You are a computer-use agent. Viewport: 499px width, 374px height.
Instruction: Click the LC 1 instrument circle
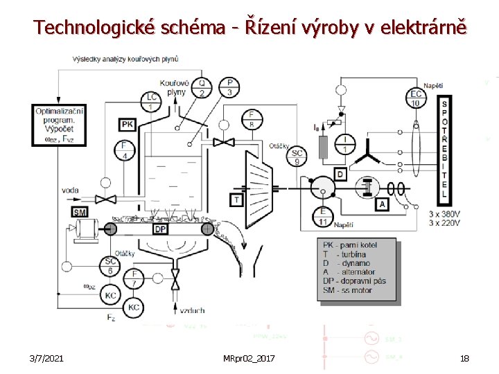(x=152, y=101)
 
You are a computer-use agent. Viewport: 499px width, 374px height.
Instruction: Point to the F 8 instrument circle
(x=251, y=118)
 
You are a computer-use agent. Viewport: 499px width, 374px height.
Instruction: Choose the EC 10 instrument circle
(x=417, y=99)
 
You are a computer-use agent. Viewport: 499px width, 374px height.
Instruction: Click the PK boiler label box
(x=127, y=125)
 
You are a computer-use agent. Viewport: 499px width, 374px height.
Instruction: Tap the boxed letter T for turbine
(x=237, y=199)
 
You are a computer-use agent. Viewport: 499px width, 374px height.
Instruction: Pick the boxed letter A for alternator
(x=382, y=205)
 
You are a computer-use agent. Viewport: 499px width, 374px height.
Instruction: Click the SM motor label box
(x=79, y=212)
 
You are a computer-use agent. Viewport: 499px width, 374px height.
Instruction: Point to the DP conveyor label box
(x=160, y=229)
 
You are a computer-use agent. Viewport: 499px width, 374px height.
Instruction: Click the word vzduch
(x=192, y=311)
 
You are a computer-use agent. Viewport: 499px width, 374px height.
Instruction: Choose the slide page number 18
(x=464, y=358)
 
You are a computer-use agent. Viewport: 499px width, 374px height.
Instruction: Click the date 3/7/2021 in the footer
(x=49, y=358)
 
